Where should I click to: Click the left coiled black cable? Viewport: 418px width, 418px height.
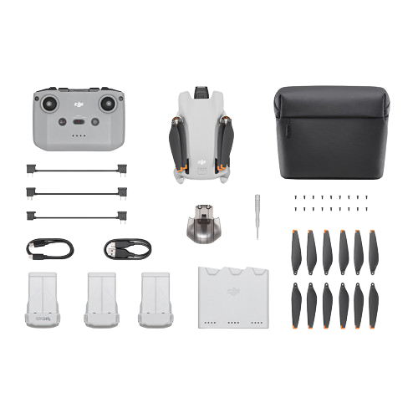[x=50, y=248]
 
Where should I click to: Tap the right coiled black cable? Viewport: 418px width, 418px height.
[x=127, y=248]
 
